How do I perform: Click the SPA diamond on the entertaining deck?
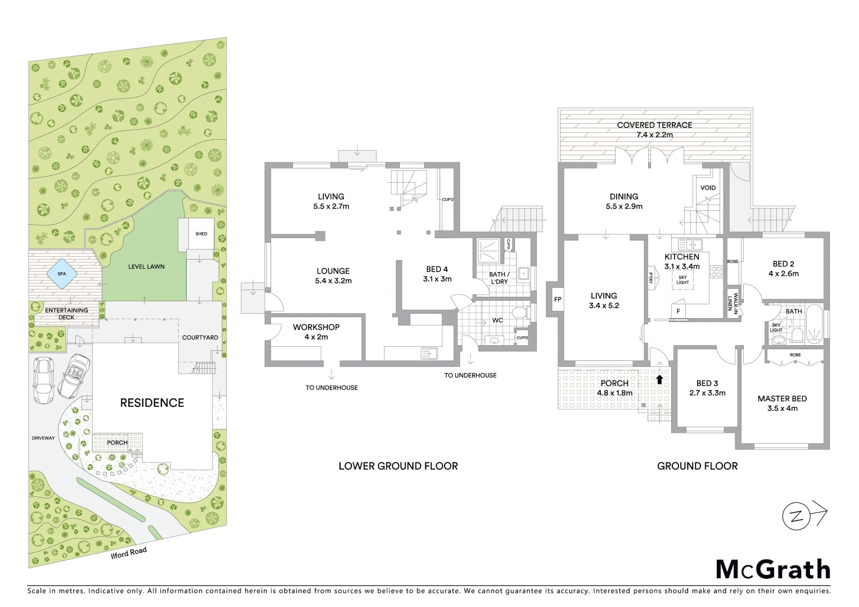tap(61, 274)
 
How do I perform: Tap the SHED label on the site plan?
tap(201, 234)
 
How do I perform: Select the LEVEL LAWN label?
tap(146, 266)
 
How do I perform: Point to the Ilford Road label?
tap(129, 552)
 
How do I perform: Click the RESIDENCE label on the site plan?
tap(152, 403)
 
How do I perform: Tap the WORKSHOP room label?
tap(316, 327)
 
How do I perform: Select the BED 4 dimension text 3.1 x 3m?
tap(437, 279)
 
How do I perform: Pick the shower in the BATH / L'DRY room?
tap(489, 251)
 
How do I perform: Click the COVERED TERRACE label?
tap(654, 125)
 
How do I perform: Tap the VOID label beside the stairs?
tap(708, 188)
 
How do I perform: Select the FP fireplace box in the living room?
tap(557, 300)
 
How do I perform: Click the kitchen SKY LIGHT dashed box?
tap(682, 280)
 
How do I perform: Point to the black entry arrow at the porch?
tap(659, 379)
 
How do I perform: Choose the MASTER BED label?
tap(782, 398)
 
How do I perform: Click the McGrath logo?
tap(773, 569)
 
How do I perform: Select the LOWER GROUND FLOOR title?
tap(398, 466)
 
